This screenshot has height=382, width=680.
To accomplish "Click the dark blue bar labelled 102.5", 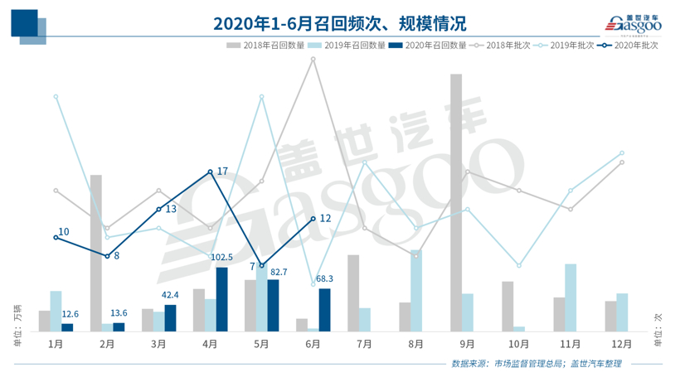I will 221,299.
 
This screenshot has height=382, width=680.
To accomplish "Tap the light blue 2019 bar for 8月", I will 416,290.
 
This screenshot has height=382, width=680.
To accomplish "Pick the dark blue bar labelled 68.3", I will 324,310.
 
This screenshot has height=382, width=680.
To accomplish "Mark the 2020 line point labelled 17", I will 210,172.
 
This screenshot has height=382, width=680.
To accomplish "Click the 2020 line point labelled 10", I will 56,238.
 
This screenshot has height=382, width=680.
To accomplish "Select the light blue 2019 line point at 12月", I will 621,153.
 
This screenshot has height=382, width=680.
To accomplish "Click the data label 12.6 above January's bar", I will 70,314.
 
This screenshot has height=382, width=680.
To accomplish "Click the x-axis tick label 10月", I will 518,343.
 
